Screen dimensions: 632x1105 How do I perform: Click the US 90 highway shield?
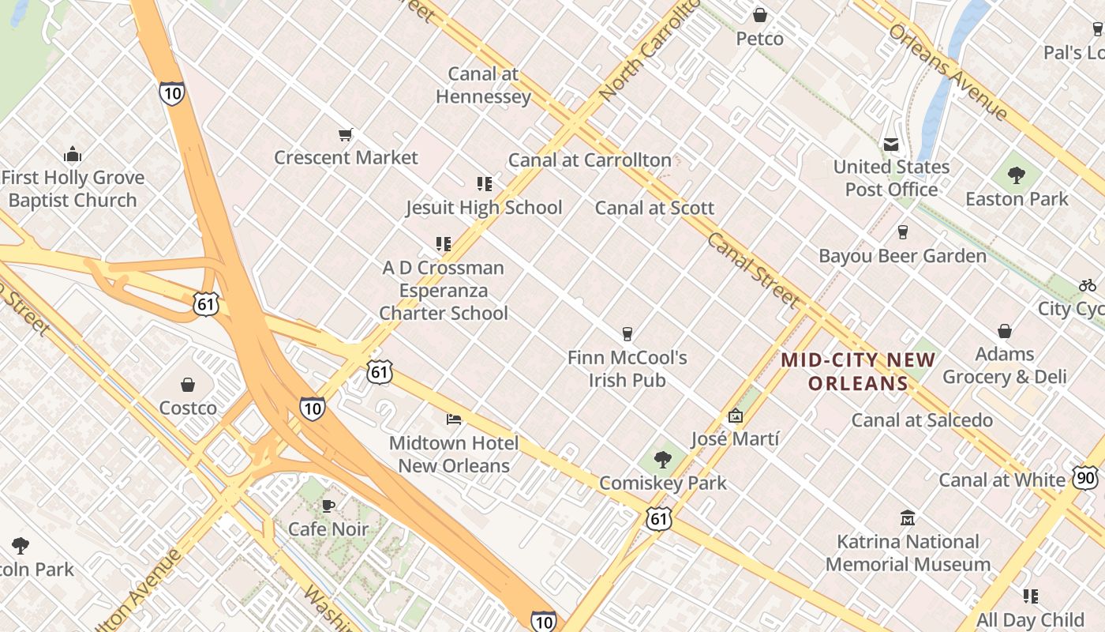1084,477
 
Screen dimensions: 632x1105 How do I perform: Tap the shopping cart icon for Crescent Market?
345,134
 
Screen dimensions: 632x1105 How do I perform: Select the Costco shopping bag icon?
188,385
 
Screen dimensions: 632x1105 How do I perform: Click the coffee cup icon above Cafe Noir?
328,506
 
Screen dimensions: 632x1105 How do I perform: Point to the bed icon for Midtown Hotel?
453,419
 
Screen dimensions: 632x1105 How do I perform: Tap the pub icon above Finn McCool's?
627,334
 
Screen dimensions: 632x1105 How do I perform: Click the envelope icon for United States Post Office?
891,144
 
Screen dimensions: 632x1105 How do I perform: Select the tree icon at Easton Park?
1017,175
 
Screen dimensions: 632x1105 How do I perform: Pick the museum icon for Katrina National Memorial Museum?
908,518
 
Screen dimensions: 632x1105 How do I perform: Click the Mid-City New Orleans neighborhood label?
858,372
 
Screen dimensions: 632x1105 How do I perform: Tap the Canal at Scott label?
654,209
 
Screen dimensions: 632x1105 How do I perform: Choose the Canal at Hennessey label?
483,85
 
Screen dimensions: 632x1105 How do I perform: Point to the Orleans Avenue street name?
948,72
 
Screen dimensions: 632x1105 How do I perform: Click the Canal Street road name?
752,269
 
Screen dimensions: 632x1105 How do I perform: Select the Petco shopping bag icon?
760,15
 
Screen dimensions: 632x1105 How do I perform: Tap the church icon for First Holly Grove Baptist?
73,154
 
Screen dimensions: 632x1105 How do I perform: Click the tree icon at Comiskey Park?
663,459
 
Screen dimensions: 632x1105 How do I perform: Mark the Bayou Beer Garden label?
902,256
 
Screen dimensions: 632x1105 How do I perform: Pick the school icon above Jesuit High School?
484,184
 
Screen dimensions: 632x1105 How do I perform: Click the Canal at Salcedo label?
922,420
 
